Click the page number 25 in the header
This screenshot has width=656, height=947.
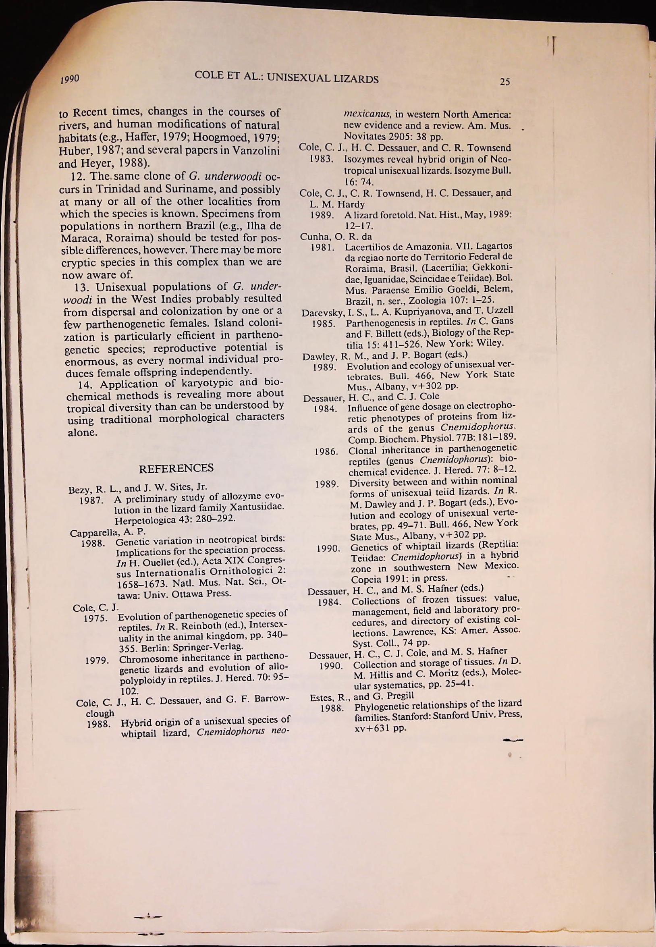pyautogui.click(x=505, y=81)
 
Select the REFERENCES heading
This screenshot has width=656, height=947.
pyautogui.click(x=176, y=468)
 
